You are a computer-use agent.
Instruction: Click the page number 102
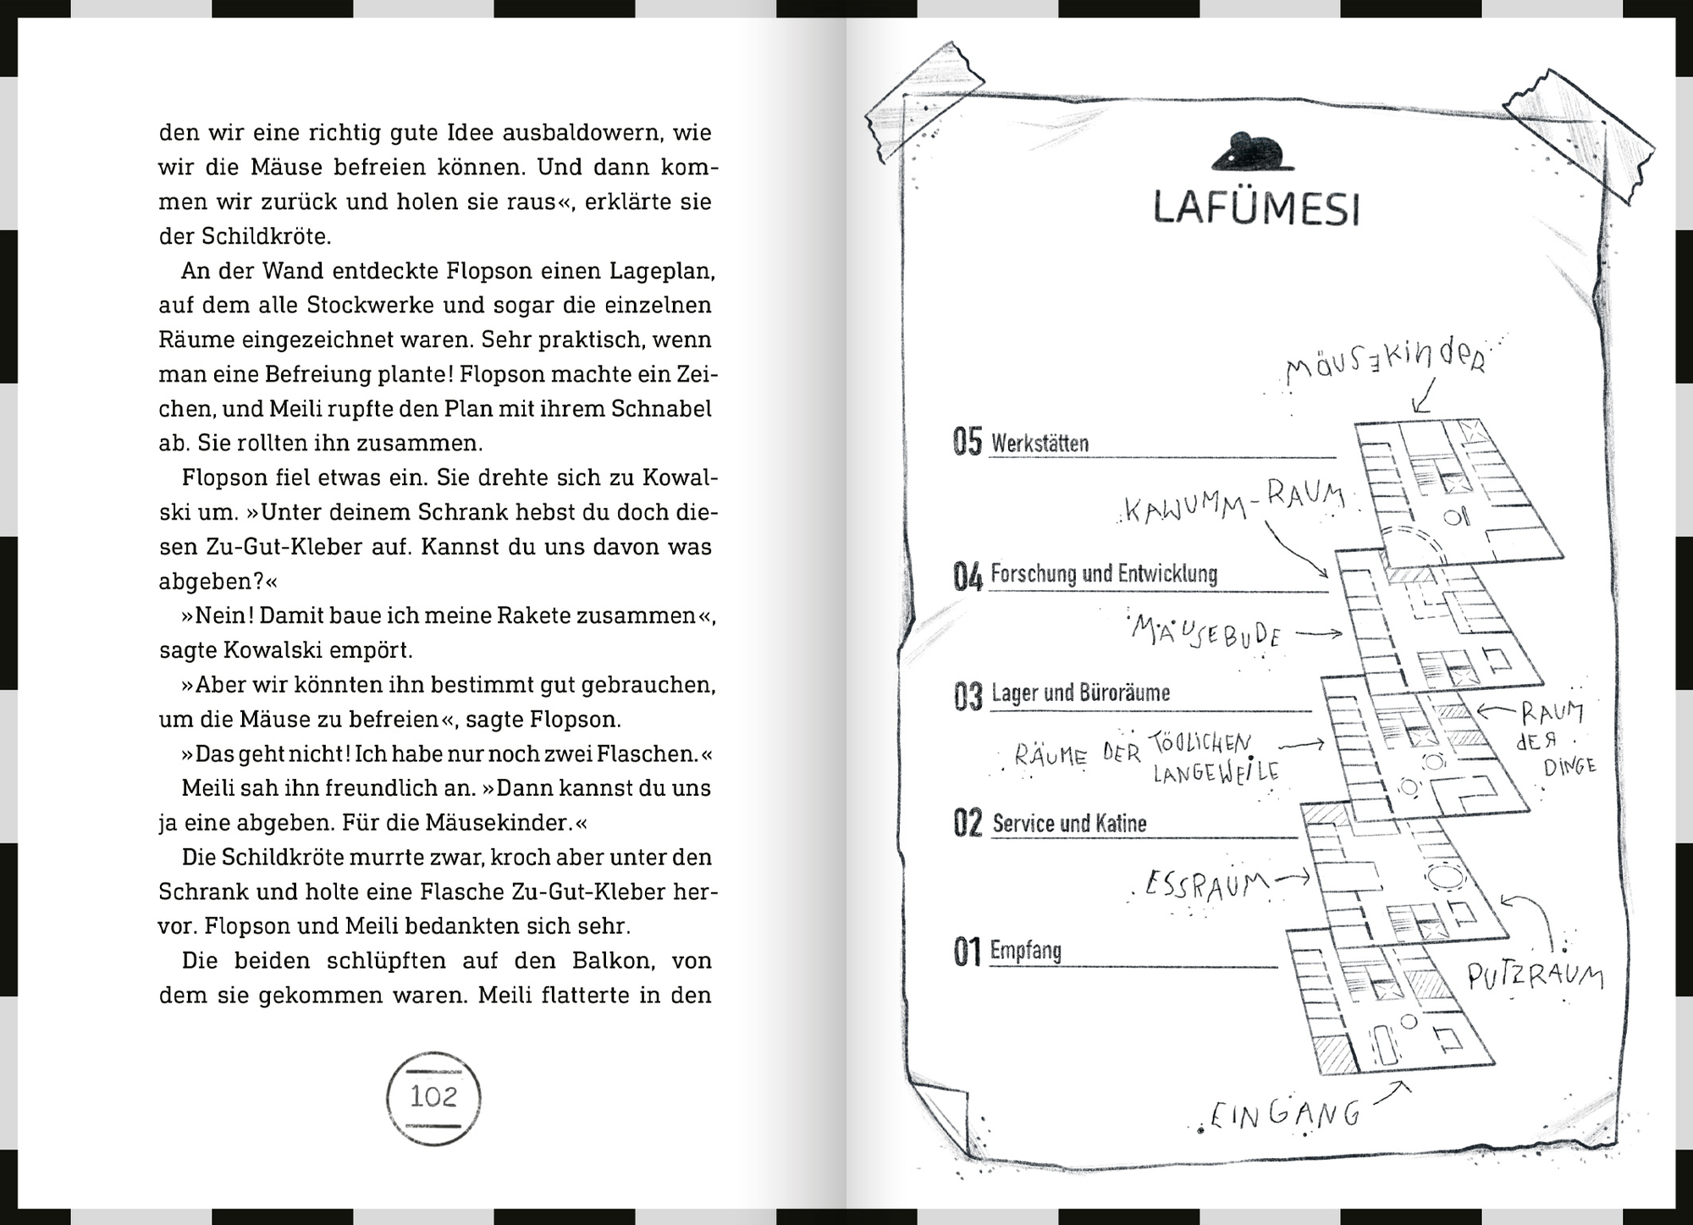coord(433,1097)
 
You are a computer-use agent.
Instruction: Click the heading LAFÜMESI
coord(1256,208)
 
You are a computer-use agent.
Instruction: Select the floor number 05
coord(968,442)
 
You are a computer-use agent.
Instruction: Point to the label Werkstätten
coord(1040,443)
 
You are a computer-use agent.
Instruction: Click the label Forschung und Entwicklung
coord(1104,574)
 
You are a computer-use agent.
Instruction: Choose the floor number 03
coord(968,696)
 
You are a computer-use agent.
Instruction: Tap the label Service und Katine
coord(1069,823)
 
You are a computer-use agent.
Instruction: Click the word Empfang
coord(1026,951)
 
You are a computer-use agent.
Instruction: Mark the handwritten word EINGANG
coord(1285,1114)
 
